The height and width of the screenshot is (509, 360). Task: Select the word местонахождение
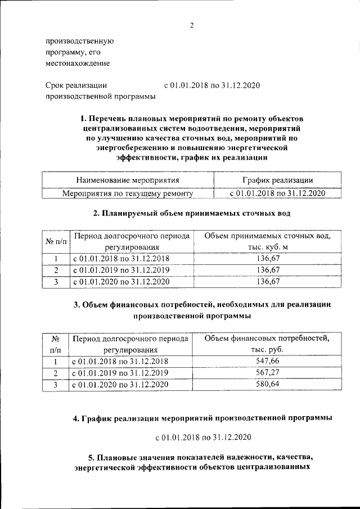point(77,64)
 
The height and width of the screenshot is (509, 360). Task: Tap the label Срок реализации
point(75,85)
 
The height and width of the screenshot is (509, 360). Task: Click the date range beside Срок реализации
point(211,85)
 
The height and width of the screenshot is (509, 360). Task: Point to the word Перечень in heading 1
point(111,119)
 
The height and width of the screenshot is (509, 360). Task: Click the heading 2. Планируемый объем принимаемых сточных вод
point(191,214)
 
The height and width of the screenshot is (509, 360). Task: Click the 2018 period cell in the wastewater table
point(121,259)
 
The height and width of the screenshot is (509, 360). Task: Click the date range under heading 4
point(203,437)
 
